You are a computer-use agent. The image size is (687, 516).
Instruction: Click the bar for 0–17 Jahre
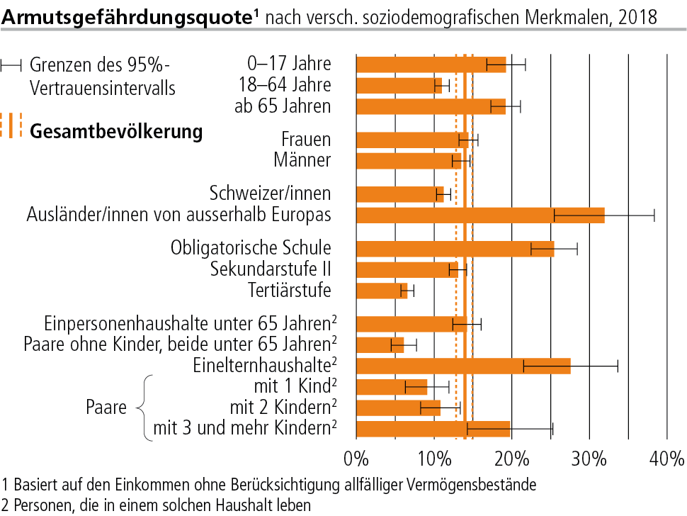[431, 65]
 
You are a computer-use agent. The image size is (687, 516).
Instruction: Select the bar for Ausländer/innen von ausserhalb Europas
[481, 215]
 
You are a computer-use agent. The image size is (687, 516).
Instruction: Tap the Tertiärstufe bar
[382, 291]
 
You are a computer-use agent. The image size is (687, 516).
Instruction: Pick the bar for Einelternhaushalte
[464, 366]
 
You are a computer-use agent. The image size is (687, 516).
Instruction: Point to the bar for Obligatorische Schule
[455, 249]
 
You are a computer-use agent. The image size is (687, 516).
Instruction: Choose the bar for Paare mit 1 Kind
[392, 387]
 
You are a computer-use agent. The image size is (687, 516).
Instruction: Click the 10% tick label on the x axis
[434, 459]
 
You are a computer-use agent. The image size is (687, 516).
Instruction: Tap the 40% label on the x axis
[667, 459]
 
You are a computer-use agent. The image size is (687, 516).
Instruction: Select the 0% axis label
[356, 459]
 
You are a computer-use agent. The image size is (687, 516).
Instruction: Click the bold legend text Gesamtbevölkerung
[116, 132]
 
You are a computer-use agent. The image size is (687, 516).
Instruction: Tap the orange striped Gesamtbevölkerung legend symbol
[11, 125]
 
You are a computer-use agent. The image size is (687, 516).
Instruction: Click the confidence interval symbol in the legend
[11, 66]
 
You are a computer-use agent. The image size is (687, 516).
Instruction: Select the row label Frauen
[306, 140]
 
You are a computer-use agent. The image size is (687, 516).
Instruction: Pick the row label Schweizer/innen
[270, 193]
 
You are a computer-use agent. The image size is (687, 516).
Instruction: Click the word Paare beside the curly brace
[106, 408]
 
